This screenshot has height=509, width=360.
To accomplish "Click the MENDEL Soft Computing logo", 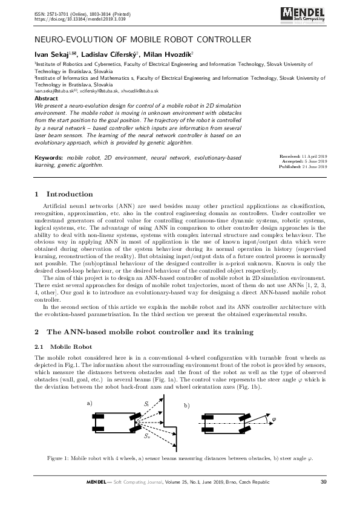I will tap(307, 14).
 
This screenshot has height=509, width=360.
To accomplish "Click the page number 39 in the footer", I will tap(323, 481).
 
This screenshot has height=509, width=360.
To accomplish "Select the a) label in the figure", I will tap(90, 403).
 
